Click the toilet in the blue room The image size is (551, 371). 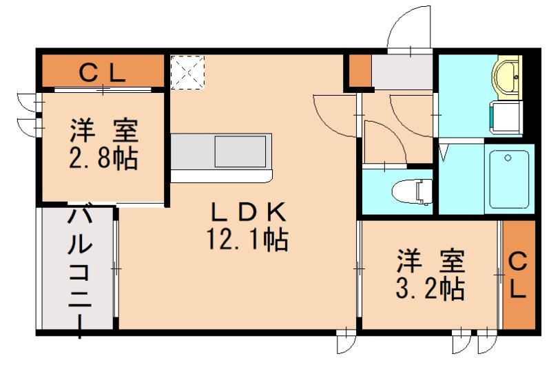click(x=410, y=189)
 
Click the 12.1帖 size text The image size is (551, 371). click(x=247, y=240)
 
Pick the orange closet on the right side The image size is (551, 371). click(x=518, y=274)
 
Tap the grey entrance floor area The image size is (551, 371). click(x=401, y=71)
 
